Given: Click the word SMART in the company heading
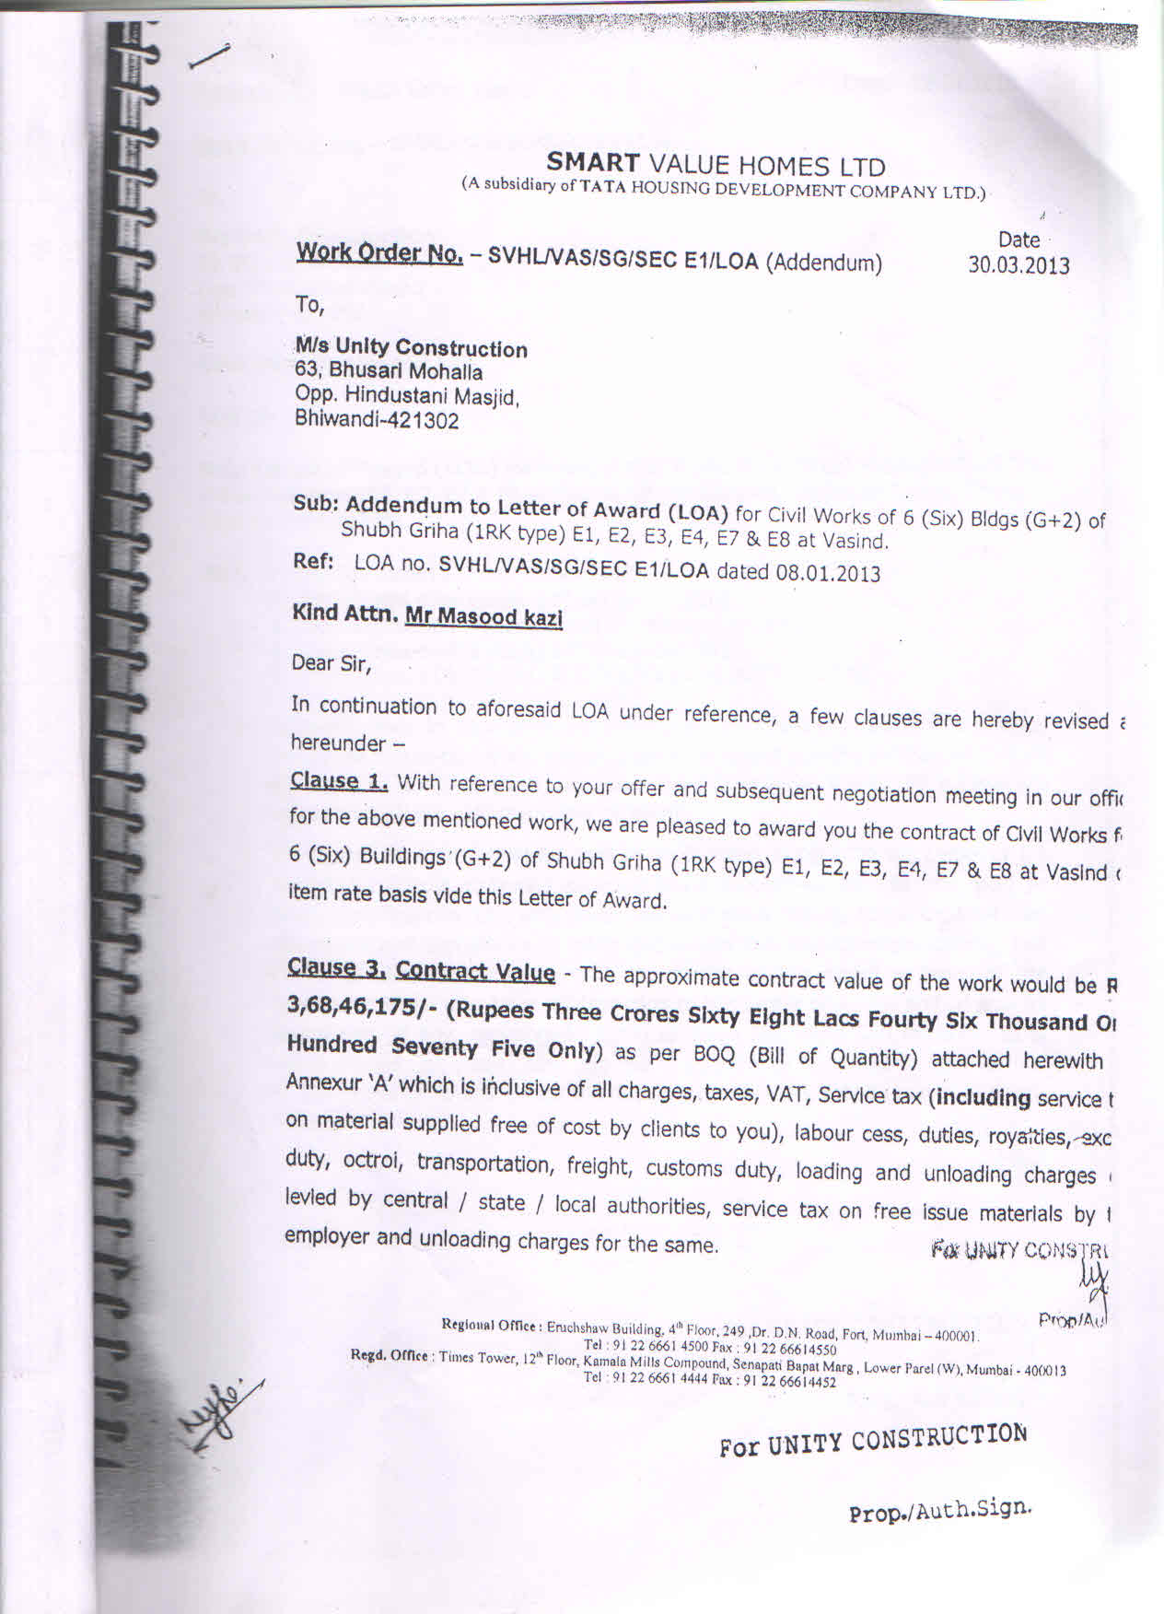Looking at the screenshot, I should click(592, 163).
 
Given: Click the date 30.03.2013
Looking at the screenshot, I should click(1018, 265).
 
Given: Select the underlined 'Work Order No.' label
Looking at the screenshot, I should click(378, 252).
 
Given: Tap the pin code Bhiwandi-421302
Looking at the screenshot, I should click(376, 421).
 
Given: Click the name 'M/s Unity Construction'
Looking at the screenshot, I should click(411, 348).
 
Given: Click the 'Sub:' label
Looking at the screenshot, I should click(317, 504).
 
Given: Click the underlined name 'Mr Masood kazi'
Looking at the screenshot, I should click(483, 616).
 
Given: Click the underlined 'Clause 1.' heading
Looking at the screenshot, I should click(338, 781).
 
